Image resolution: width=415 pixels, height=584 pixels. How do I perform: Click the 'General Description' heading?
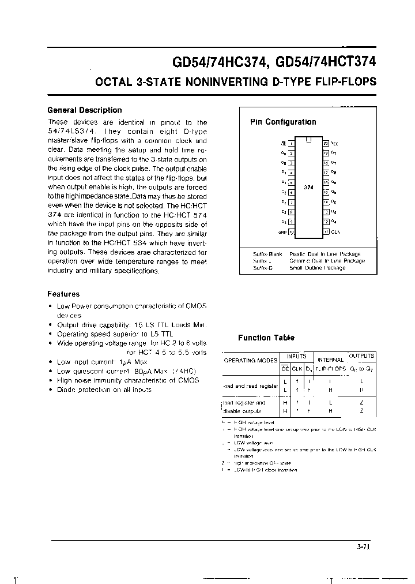[84, 110]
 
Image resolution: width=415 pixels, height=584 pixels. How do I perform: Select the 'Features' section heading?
[63, 294]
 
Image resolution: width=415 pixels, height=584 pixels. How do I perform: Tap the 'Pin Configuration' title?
[283, 122]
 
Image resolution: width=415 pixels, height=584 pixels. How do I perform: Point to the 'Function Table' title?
[266, 338]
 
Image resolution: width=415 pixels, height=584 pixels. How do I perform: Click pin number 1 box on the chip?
[291, 143]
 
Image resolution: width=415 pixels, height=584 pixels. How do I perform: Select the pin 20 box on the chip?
[326, 143]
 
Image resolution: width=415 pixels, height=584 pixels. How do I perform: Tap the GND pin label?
[282, 232]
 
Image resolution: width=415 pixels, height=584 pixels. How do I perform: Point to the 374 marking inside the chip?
[308, 188]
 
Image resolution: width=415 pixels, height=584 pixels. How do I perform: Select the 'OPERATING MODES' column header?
[250, 360]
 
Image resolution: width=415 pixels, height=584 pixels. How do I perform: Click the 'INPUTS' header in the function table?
[297, 357]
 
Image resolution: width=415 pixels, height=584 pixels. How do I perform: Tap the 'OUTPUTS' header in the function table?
[362, 356]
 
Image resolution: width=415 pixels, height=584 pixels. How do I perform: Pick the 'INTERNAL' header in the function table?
[330, 360]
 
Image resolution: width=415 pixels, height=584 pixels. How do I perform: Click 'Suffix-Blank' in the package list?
[267, 254]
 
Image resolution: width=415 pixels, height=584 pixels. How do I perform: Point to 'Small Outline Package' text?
[317, 268]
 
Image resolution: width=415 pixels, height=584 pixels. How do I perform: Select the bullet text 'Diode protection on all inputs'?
[104, 390]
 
